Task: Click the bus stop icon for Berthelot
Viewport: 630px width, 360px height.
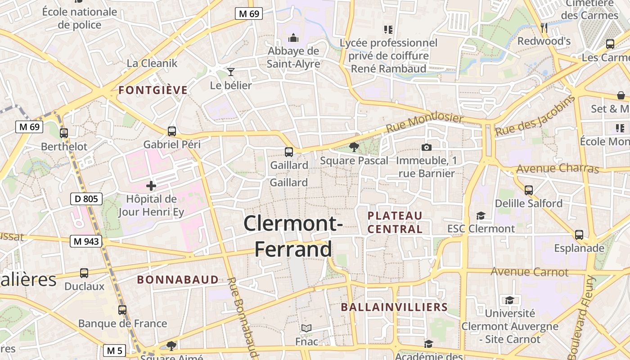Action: (x=64, y=133)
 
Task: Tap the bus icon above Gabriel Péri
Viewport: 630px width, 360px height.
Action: (x=172, y=131)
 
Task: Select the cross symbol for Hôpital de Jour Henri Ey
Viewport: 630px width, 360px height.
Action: (x=151, y=185)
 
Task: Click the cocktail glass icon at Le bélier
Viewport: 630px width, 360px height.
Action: (x=231, y=72)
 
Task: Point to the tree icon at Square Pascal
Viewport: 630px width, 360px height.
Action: (x=354, y=147)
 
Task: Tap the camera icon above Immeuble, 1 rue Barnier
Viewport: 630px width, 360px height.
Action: (x=426, y=147)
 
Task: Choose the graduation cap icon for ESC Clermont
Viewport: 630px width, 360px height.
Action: (x=481, y=216)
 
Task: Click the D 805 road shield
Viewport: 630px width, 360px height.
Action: (x=86, y=198)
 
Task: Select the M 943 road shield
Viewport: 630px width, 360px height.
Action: (x=85, y=242)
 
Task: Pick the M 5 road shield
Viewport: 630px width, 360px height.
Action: (x=114, y=350)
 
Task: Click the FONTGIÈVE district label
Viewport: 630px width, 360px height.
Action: (x=153, y=90)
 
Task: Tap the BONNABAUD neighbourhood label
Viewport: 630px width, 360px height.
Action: (x=178, y=280)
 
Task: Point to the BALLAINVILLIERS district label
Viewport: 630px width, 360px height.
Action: (x=394, y=307)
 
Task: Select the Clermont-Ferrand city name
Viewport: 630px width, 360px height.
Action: (x=293, y=236)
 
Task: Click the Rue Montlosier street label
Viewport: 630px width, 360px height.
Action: (x=424, y=123)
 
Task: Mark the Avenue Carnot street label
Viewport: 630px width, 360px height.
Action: (x=530, y=272)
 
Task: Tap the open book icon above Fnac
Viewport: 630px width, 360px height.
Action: (x=306, y=328)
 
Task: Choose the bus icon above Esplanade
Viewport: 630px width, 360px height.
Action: (x=579, y=235)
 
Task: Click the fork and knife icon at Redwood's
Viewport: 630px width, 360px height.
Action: (x=544, y=28)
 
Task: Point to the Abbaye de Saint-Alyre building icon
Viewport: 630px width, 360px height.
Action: (x=293, y=37)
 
